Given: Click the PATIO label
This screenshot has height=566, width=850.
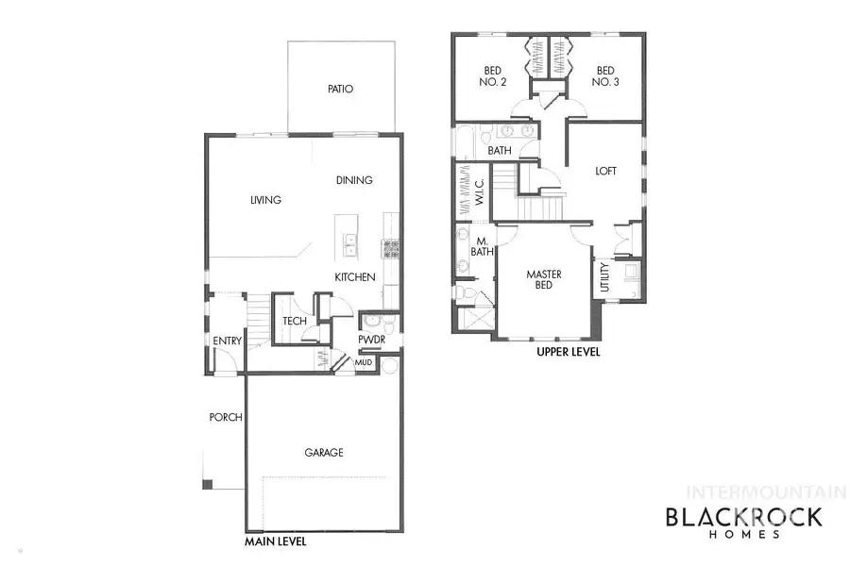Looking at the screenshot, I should tap(340, 91).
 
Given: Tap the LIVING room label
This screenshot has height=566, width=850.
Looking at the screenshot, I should tap(266, 200).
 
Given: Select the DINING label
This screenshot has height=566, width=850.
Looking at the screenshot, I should tap(354, 180).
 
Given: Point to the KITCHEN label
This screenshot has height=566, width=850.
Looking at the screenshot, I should tap(355, 277).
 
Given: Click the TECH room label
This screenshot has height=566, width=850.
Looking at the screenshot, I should tap(294, 322).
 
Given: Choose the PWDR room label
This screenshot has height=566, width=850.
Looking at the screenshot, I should tap(370, 341).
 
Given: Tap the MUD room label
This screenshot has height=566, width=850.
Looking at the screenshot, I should tap(364, 361).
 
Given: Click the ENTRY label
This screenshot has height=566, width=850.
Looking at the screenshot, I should tap(228, 341).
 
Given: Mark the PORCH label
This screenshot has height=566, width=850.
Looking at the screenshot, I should tap(227, 417).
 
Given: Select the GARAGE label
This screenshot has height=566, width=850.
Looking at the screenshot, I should tap(323, 453).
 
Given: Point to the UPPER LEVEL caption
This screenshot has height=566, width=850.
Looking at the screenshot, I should tap(569, 352).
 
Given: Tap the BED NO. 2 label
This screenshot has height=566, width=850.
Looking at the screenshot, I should tap(495, 76).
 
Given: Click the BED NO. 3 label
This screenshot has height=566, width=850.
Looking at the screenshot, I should tap(604, 76).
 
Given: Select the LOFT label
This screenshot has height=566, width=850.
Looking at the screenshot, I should tap(605, 172).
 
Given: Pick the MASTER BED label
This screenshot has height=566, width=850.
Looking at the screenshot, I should tap(544, 280).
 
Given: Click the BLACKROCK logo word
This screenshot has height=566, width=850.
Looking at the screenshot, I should tap(744, 516).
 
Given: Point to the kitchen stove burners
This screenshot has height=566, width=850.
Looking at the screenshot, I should tap(390, 249).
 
